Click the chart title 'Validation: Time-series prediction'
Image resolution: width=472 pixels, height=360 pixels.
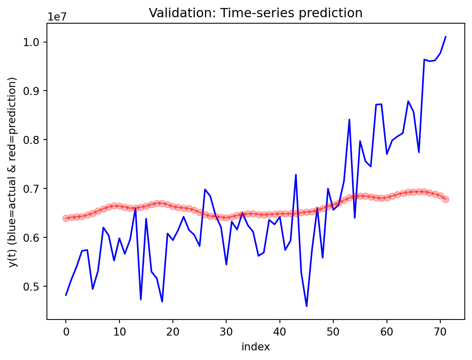pyautogui.click(x=255, y=13)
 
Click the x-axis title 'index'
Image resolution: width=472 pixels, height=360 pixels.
pyautogui.click(x=255, y=347)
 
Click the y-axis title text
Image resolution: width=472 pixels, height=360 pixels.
pyautogui.click(x=13, y=172)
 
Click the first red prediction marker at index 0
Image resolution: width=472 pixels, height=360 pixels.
pyautogui.click(x=66, y=218)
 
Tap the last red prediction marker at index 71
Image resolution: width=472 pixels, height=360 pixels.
pyautogui.click(x=446, y=199)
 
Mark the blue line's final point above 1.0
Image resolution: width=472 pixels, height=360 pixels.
pyautogui.click(x=446, y=37)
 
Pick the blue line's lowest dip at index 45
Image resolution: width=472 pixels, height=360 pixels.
pyautogui.click(x=306, y=306)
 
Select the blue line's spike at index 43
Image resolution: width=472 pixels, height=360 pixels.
pyautogui.click(x=296, y=175)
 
